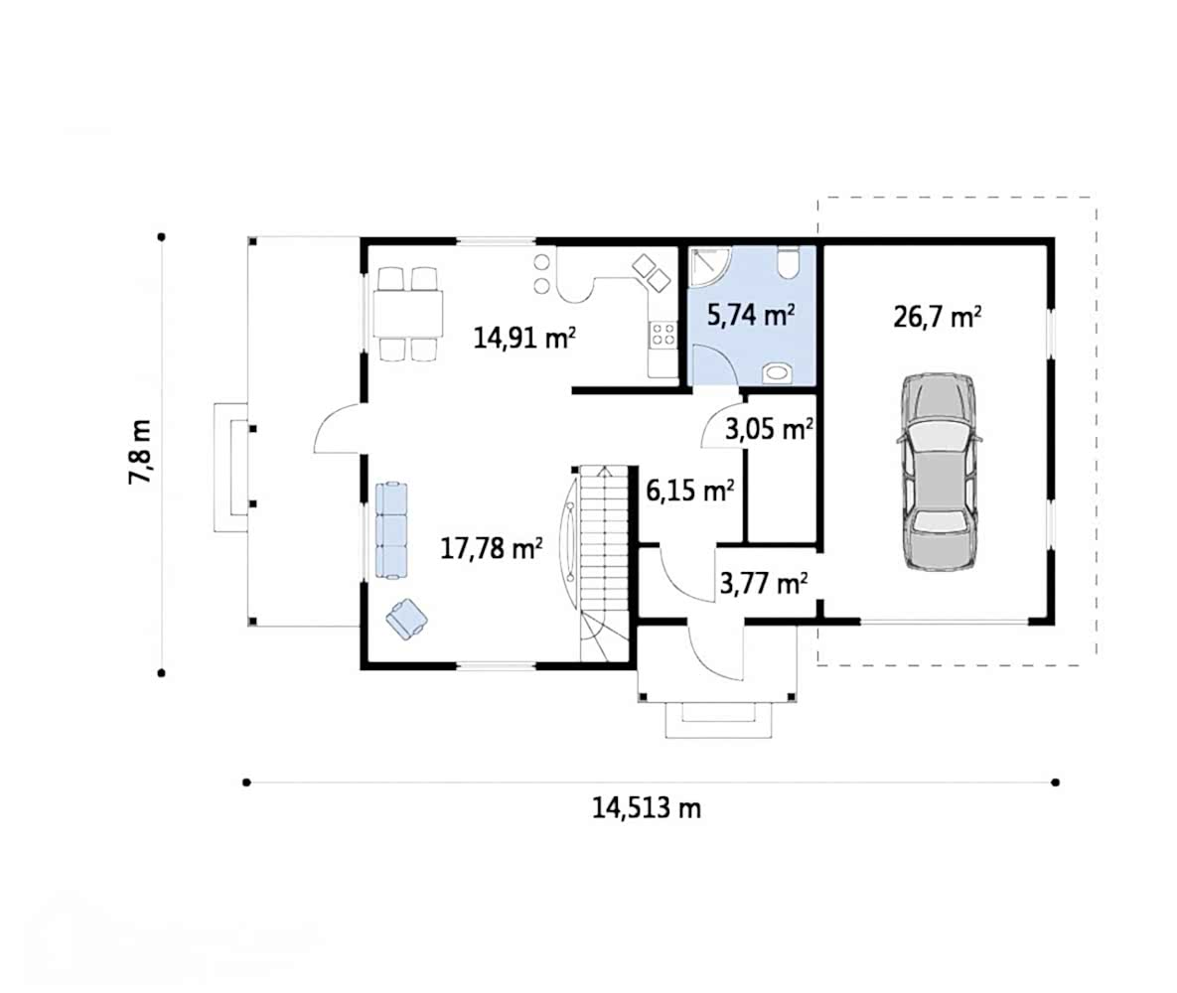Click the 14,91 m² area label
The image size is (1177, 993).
pos(524,338)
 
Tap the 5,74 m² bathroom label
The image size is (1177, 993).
pos(751,314)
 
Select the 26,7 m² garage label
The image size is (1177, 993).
pos(937,317)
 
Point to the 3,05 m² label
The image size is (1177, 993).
pos(769,429)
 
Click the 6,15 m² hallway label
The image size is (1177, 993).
pos(690,491)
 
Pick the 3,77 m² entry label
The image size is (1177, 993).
pos(764,583)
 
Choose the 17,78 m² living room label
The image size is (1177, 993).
pos(491,549)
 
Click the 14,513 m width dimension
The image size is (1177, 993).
pos(647,808)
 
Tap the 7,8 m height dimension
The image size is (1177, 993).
pos(140,452)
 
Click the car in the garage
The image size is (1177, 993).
pos(940,472)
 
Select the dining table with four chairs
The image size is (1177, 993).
pos(407,314)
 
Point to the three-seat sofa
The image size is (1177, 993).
pos(391,530)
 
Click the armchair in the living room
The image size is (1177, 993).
pos(407,620)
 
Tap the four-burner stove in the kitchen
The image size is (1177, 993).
pos(662,335)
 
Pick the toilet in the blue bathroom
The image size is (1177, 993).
pos(789,263)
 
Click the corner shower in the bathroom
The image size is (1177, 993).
pos(708,267)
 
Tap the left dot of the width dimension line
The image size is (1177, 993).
pos(246,782)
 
